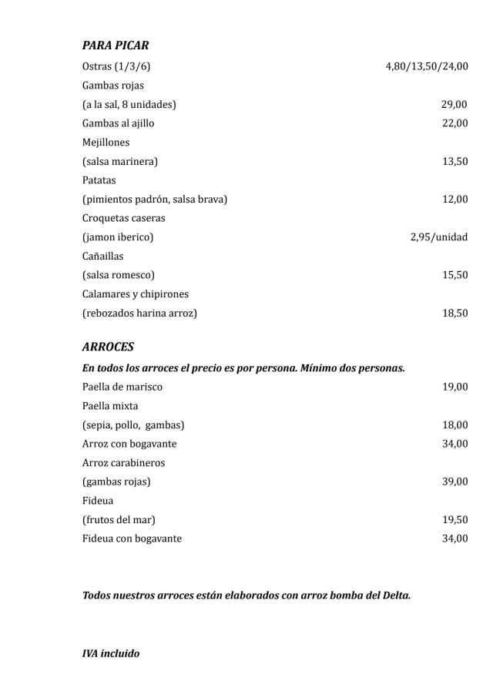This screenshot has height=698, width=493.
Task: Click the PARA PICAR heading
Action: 116,46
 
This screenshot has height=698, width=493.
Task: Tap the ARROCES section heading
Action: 109,347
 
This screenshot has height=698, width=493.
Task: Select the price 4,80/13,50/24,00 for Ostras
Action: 426,67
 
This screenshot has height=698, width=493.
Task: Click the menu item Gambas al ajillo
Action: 118,123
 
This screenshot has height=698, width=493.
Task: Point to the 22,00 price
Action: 454,123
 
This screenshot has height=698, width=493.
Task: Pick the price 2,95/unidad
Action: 438,237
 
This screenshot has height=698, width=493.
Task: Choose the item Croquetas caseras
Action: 123,218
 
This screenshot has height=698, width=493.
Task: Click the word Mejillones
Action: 106,143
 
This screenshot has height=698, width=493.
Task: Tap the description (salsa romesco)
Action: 119,275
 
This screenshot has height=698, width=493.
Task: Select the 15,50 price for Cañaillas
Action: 454,275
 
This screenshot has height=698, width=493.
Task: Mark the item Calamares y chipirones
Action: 136,294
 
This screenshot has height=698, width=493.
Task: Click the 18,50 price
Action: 454,314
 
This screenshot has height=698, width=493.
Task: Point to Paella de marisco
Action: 122,387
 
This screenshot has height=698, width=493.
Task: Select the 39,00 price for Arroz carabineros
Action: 454,482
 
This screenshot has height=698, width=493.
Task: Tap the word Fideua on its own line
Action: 98,501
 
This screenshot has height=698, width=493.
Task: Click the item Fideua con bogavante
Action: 132,539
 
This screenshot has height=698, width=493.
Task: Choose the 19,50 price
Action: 454,520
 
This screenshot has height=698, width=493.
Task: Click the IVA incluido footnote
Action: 111,653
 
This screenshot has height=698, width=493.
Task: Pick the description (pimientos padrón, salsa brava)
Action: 155,200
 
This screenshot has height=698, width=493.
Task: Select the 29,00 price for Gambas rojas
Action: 454,105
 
